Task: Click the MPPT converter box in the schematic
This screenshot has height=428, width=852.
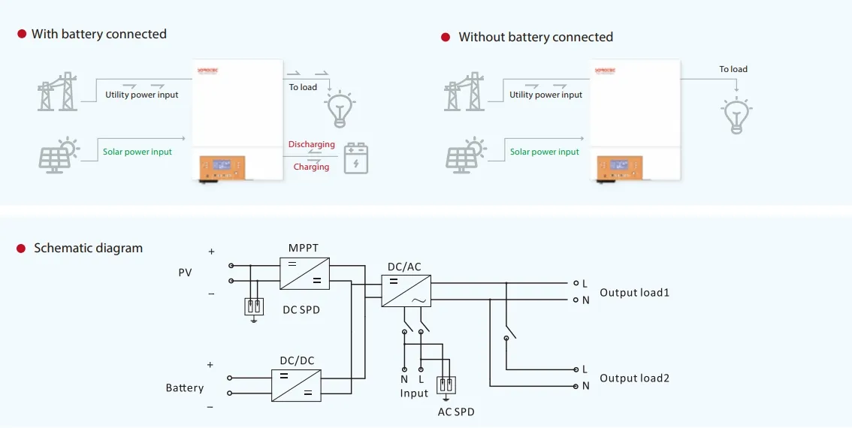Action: click(305, 273)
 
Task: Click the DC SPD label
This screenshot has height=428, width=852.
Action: click(301, 309)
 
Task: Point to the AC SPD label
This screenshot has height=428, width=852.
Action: click(456, 412)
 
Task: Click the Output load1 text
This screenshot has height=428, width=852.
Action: click(634, 292)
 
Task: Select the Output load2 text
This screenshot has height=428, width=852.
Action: click(634, 378)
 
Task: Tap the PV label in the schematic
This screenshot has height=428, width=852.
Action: click(185, 273)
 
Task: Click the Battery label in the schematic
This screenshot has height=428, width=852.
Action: click(185, 387)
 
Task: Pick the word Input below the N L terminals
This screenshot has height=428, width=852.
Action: click(414, 393)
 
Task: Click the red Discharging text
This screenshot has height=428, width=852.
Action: click(312, 144)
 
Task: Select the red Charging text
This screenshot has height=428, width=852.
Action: click(311, 167)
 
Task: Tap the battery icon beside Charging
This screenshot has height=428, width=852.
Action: click(356, 158)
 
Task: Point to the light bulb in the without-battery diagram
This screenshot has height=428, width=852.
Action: click(736, 115)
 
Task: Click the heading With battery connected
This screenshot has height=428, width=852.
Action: click(98, 34)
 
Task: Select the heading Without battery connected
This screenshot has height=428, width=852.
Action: click(536, 37)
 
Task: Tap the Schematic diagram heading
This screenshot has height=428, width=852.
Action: click(88, 248)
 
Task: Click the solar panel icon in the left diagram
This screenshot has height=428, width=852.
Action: click(57, 155)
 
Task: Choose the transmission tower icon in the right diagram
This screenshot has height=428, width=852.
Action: click(464, 92)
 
